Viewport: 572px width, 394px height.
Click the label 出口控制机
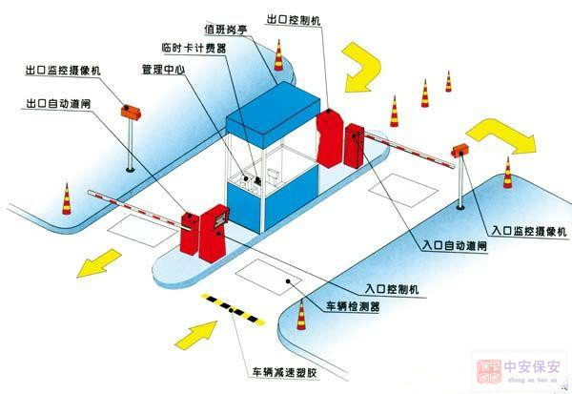pos(296,17)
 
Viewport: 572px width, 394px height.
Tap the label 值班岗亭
pos(230,29)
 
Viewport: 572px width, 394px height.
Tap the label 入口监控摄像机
pos(529,231)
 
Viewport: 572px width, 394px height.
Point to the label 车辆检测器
pos(354,305)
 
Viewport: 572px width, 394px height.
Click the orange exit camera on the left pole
pos(130,110)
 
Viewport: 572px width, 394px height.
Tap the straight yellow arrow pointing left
pos(99,262)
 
